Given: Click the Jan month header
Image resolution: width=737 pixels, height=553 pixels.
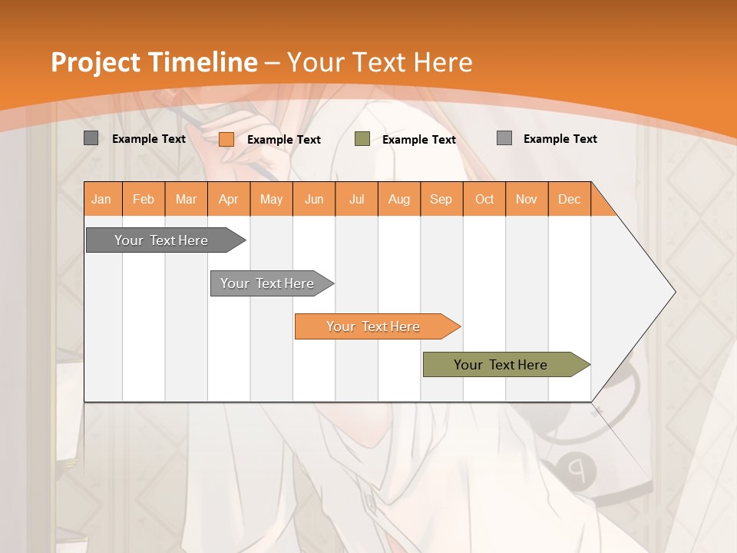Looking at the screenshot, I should (101, 199).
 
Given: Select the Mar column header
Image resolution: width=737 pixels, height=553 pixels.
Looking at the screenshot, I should (186, 199).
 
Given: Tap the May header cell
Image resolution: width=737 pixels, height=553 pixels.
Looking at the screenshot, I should (271, 199).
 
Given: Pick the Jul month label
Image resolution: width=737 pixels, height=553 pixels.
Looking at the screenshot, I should (356, 199).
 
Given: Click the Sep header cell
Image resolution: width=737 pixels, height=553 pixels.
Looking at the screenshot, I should (441, 199).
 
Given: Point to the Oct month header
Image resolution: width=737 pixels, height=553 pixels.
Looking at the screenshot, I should (484, 199).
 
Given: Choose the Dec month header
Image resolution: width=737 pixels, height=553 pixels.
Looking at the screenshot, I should (569, 199).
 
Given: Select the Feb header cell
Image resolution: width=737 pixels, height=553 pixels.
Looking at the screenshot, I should (144, 199).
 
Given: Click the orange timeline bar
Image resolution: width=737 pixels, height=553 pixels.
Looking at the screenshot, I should (373, 326).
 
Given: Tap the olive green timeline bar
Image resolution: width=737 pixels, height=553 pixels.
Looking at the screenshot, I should (501, 365).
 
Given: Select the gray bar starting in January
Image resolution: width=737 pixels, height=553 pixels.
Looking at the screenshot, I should (161, 240).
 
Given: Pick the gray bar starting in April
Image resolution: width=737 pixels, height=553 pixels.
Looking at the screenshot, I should (267, 283).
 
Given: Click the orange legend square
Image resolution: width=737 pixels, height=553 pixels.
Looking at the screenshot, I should (226, 139).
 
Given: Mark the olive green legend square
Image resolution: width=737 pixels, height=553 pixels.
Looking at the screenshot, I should (362, 139).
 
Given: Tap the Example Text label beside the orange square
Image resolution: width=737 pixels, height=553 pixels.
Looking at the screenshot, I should (284, 140).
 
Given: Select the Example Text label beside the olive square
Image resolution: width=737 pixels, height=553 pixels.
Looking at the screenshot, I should (419, 140).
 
